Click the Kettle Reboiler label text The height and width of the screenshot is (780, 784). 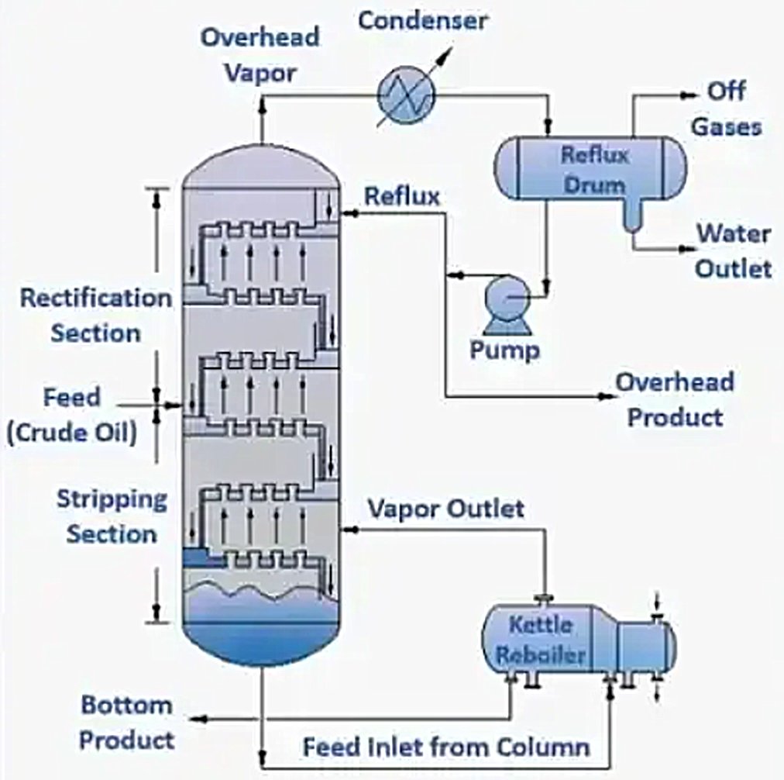(x=541, y=640)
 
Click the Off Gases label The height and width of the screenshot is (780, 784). (x=726, y=109)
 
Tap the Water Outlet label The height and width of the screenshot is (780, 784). (x=733, y=250)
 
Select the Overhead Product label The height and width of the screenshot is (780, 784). (x=674, y=399)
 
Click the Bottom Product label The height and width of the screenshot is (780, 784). (x=126, y=723)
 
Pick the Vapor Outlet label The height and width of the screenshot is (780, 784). (x=445, y=509)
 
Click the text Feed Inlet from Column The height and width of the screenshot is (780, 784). (x=446, y=748)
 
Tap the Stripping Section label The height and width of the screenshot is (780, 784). (x=112, y=516)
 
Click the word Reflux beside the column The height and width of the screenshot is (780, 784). (x=402, y=196)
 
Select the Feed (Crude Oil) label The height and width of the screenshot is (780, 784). (x=71, y=415)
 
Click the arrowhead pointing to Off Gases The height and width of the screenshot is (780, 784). (x=689, y=95)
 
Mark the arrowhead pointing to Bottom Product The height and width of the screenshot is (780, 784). (x=200, y=720)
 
